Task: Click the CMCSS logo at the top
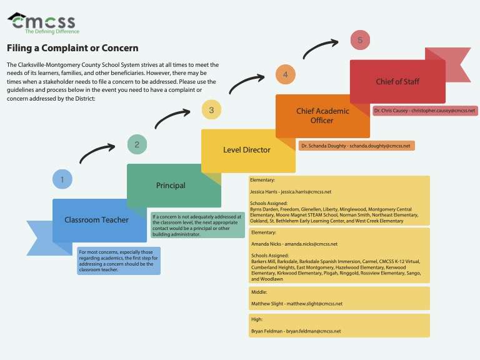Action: point(43,23)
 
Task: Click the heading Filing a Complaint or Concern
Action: point(72,48)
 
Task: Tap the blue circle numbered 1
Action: point(62,179)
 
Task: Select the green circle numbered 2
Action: point(137,144)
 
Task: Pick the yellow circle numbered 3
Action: point(211,110)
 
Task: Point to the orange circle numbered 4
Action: point(285,74)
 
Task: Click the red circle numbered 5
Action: point(360,40)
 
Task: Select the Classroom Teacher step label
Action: point(96,220)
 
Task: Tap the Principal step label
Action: point(171,186)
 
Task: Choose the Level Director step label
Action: point(247,150)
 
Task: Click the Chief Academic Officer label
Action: point(322,116)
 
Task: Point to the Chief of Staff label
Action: point(397,81)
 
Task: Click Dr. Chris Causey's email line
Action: point(424,110)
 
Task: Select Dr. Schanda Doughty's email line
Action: point(356,146)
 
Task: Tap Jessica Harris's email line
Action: point(291,192)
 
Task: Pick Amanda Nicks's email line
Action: point(294,244)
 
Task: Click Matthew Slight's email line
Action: point(297,304)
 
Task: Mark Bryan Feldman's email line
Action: point(296,331)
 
